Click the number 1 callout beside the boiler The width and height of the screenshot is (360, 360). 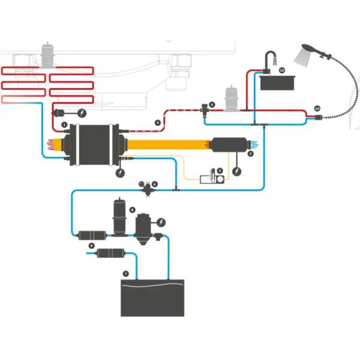pos(64,125)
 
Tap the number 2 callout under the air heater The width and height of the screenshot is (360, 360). pos(250,154)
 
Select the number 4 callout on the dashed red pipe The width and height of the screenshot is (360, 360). pos(158,122)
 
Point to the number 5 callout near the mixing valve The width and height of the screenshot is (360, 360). pos(212,103)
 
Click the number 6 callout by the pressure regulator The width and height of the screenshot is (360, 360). pos(155,184)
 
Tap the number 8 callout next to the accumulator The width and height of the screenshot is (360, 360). pos(131,210)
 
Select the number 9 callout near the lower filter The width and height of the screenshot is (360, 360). pos(91,246)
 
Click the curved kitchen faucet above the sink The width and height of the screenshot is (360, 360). pos(270,59)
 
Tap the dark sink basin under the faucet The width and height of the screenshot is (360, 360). pos(280,80)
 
